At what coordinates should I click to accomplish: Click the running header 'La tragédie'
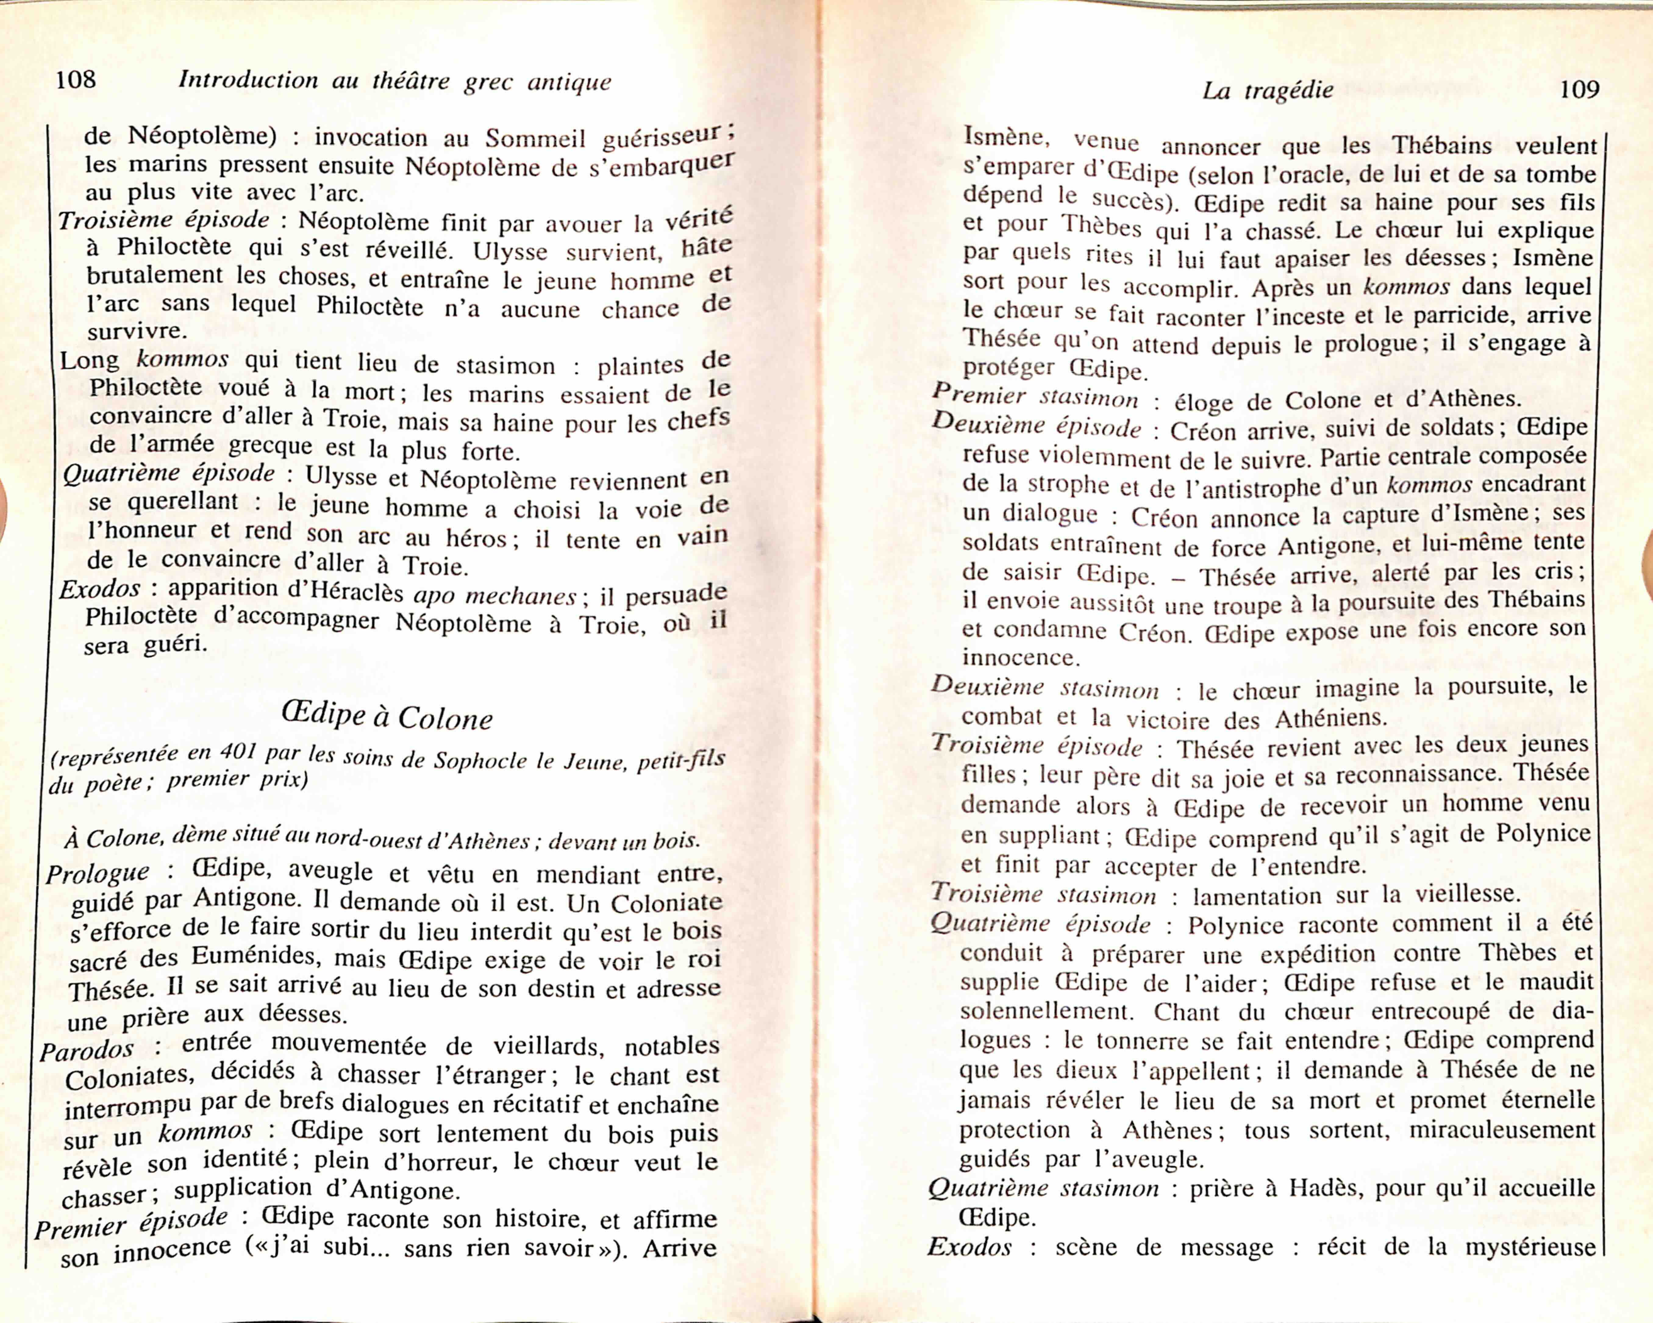[x=1267, y=91]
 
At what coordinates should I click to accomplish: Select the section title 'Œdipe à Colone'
[x=387, y=716]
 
